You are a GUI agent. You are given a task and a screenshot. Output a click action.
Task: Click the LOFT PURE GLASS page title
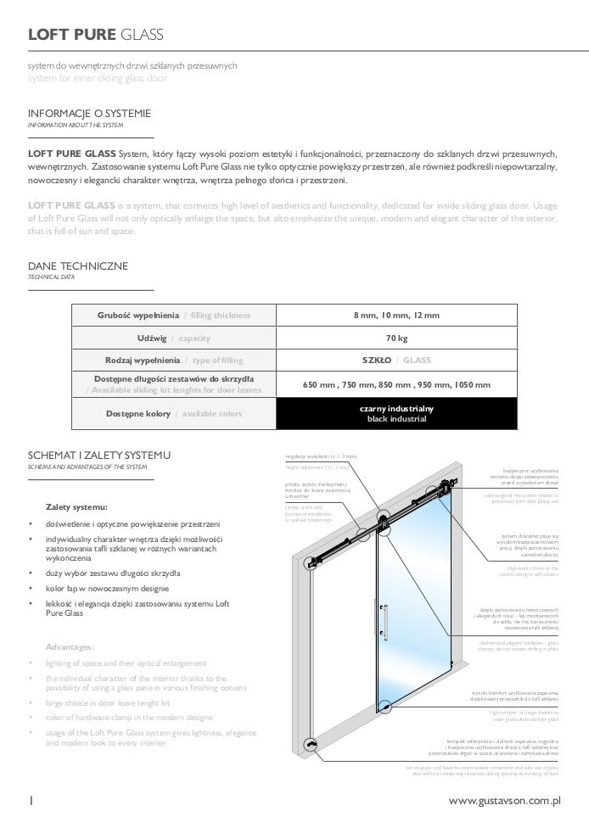pyautogui.click(x=95, y=35)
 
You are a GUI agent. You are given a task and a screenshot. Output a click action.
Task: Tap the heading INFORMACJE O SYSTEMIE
pyautogui.click(x=90, y=114)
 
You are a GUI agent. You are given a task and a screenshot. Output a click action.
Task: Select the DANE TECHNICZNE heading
pyautogui.click(x=78, y=266)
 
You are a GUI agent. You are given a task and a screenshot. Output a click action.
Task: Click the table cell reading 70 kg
pyautogui.click(x=396, y=338)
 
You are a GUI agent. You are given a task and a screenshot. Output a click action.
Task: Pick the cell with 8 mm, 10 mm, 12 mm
pyautogui.click(x=396, y=316)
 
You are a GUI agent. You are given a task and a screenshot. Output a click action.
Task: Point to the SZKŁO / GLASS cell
pyautogui.click(x=396, y=360)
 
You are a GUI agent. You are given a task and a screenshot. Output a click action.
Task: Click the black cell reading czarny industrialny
pyautogui.click(x=396, y=413)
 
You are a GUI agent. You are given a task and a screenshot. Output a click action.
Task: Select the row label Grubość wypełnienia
pyautogui.click(x=174, y=316)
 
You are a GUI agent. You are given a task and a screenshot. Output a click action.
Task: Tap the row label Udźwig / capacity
pyautogui.click(x=174, y=338)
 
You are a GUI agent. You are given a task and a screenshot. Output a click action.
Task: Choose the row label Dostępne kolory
pyautogui.click(x=174, y=413)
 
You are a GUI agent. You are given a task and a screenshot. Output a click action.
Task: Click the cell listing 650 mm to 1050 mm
pyautogui.click(x=396, y=384)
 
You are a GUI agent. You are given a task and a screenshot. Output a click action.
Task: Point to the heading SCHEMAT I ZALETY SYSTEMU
pyautogui.click(x=98, y=456)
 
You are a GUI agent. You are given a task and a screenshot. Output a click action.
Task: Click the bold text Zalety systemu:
pyautogui.click(x=76, y=506)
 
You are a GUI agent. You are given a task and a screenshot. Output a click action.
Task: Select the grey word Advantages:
pyautogui.click(x=70, y=646)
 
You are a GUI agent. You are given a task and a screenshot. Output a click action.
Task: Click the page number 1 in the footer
pyautogui.click(x=31, y=800)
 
